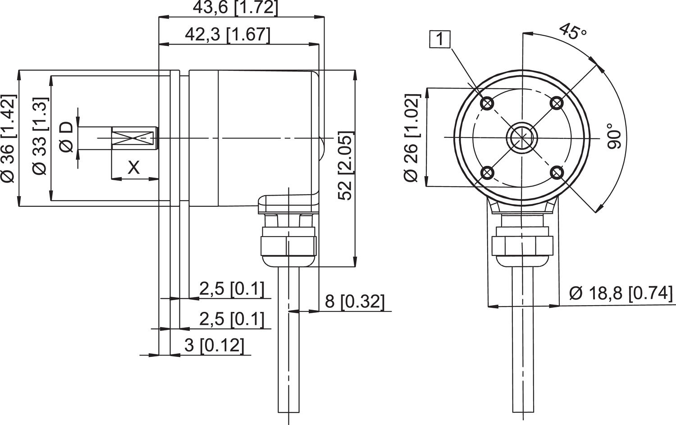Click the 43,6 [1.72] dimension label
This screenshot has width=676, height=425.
(235, 8)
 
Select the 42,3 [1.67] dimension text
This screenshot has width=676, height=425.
(228, 35)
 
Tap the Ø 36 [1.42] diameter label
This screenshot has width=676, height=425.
(8, 138)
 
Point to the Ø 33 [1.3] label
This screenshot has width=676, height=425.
(40, 137)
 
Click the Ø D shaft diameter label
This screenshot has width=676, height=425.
(66, 137)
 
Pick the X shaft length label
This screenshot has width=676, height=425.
(134, 168)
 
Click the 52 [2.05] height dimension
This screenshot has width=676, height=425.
(345, 165)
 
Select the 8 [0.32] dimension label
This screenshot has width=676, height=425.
(355, 301)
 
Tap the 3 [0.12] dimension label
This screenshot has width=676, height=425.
(214, 345)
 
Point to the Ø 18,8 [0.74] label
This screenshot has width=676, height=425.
(621, 293)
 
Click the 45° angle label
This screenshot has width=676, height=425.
(572, 32)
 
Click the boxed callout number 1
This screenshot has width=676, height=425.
(440, 39)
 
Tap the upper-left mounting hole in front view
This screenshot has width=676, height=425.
(487, 104)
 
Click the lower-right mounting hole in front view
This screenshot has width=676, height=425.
(557, 173)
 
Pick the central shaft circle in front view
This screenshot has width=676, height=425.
(521, 137)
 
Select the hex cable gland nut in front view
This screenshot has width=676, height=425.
(522, 246)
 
